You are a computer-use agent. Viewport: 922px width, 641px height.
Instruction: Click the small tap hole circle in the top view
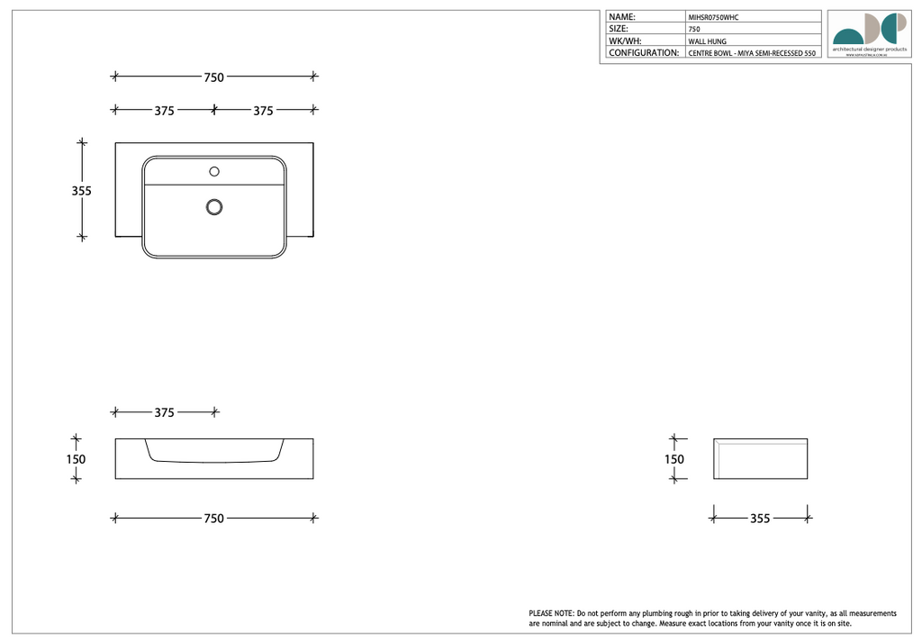[x=214, y=171]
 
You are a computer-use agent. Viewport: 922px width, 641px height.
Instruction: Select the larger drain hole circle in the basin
[x=214, y=207]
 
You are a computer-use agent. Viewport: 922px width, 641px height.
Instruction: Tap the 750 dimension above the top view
[x=213, y=77]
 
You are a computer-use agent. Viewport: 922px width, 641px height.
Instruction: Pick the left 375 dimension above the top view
[x=164, y=111]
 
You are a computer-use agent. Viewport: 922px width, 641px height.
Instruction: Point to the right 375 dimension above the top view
[x=263, y=111]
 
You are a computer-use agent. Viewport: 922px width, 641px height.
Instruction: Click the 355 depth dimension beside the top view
[x=82, y=191]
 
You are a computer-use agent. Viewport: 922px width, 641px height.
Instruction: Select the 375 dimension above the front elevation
[x=164, y=412]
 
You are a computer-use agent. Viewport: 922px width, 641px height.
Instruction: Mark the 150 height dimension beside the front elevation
[x=76, y=459]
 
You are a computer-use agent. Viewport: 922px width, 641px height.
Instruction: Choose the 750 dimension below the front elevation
[x=213, y=519]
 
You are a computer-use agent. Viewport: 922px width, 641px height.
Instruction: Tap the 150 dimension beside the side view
[x=674, y=459]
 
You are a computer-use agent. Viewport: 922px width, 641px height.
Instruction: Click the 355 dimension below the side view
[x=760, y=519]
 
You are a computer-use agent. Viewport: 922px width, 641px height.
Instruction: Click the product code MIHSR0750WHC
[x=713, y=17]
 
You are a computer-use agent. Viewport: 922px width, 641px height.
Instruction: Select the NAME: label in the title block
[x=622, y=17]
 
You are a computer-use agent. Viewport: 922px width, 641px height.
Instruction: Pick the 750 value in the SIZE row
[x=694, y=30]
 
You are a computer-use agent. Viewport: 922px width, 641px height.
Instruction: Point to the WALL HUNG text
[x=707, y=41]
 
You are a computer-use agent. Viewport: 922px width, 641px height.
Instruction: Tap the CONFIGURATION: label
[x=644, y=53]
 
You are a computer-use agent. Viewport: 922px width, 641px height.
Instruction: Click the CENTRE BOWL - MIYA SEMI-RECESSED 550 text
[x=751, y=54]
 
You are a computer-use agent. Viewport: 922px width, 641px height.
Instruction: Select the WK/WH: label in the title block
[x=626, y=41]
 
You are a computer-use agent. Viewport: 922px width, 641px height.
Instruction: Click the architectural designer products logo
[x=869, y=35]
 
